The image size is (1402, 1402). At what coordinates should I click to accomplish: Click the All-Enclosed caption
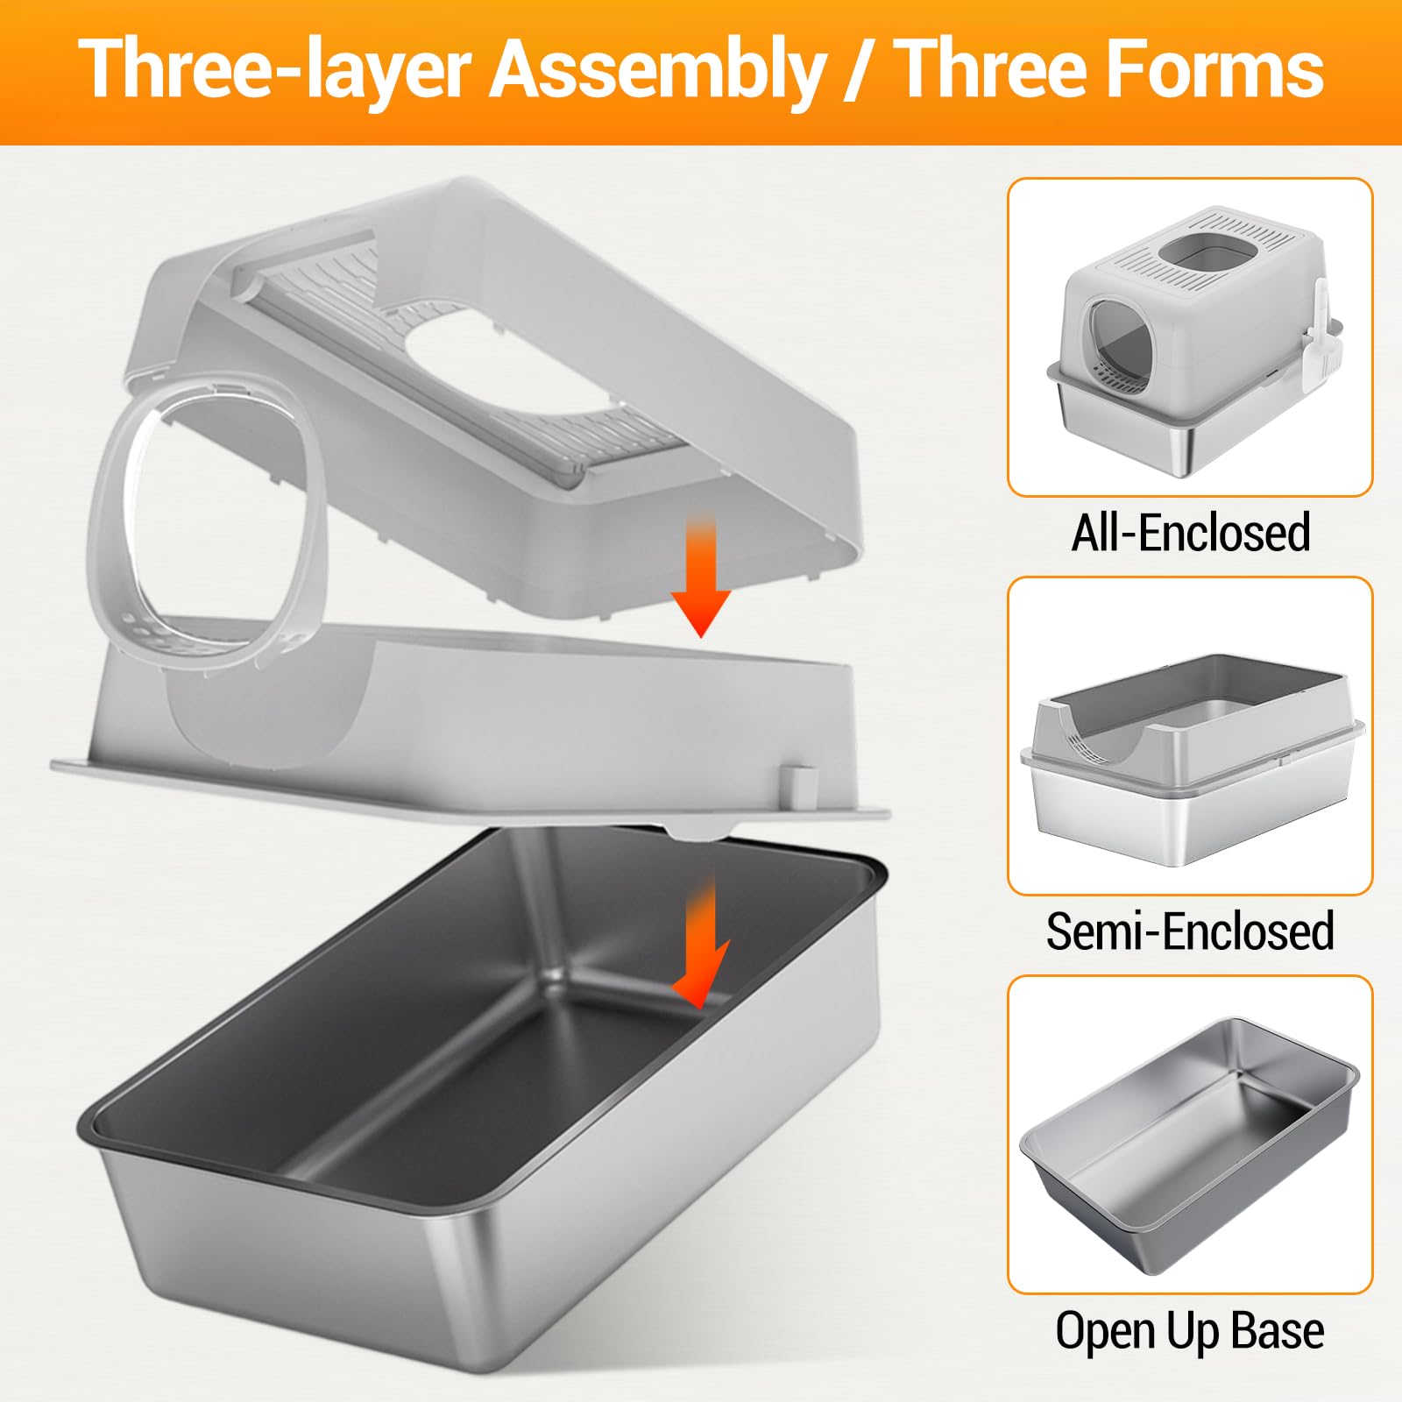1190,533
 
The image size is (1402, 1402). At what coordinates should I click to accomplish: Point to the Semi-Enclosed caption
1190,931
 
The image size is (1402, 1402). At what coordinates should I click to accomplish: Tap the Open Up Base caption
1190,1332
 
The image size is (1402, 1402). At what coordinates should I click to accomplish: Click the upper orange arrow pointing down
701,574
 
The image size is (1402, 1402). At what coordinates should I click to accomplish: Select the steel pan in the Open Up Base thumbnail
1190,1148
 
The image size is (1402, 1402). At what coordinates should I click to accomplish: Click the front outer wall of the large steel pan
298,1253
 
